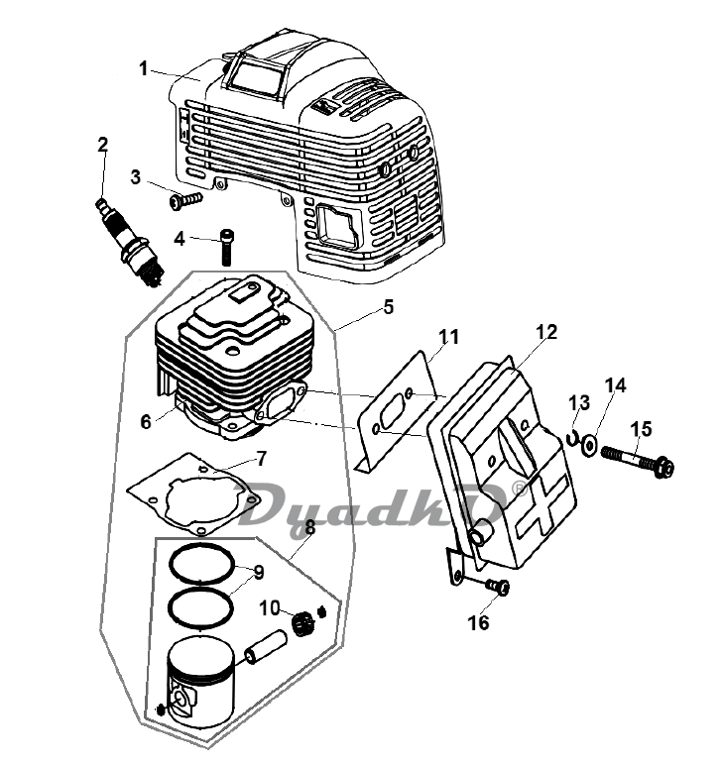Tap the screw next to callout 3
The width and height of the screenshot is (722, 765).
186,200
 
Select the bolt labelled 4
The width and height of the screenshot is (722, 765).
226,247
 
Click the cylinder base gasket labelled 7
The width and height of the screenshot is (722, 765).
193,493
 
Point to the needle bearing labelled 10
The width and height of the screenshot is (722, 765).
303,624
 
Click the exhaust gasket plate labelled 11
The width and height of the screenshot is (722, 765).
397,414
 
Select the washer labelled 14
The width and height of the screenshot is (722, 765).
590,445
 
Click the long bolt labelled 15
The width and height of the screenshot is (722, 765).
638,459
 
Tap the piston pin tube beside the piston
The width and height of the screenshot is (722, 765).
266,647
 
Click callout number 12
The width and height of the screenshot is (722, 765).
546,332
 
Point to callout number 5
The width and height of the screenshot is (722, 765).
388,307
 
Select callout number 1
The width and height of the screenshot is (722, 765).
143,68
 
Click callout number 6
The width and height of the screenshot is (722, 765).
146,421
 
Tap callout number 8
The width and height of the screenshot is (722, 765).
310,527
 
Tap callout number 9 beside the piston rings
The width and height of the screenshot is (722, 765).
259,573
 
